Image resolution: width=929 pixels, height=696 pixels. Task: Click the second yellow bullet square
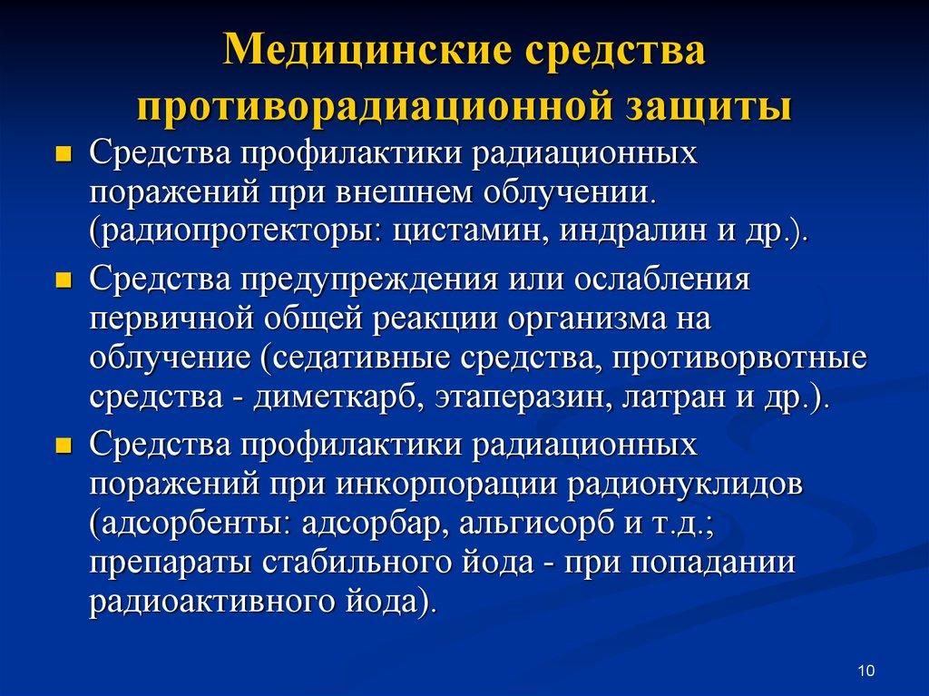coord(63,280)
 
